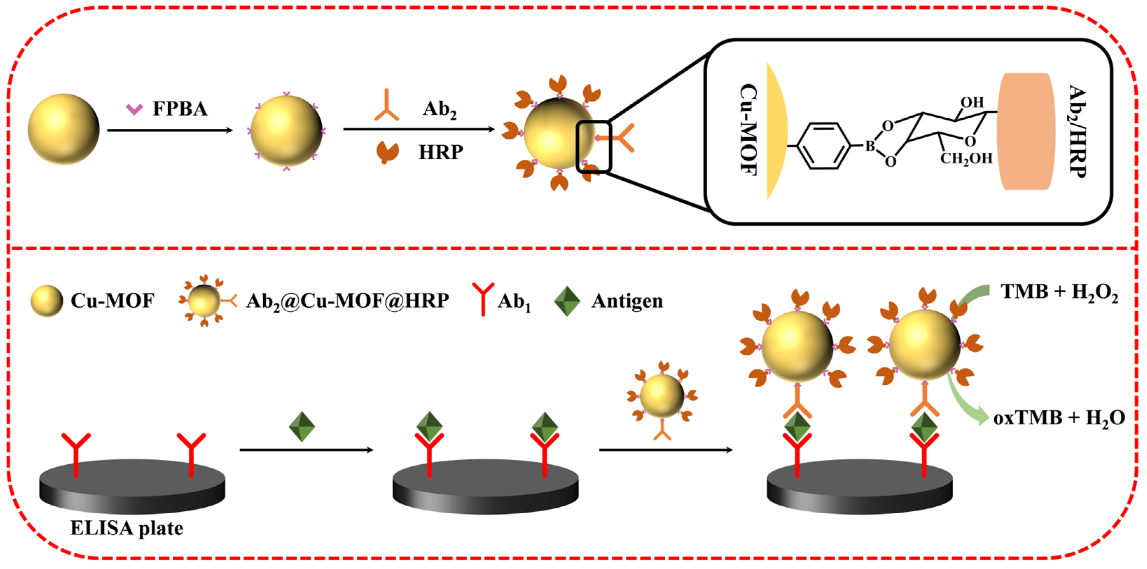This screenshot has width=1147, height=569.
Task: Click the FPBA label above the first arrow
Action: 180,109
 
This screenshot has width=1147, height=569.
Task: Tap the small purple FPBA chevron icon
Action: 134,109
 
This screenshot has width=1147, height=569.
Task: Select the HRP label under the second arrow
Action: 440,152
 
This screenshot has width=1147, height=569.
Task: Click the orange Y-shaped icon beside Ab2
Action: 387,107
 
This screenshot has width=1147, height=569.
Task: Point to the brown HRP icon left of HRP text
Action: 387,152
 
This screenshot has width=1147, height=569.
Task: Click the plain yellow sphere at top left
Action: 63,129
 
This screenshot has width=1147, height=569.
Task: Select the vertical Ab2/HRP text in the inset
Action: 1078,131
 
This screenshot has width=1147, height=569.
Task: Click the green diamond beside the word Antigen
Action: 567,301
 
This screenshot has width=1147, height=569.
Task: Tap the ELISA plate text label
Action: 127,528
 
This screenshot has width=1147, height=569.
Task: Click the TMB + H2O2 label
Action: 1059,292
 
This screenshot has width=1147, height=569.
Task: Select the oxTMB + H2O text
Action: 1059,418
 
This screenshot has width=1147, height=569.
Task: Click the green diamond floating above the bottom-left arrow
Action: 302,426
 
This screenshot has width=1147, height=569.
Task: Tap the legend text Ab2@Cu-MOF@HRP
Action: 347,301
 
